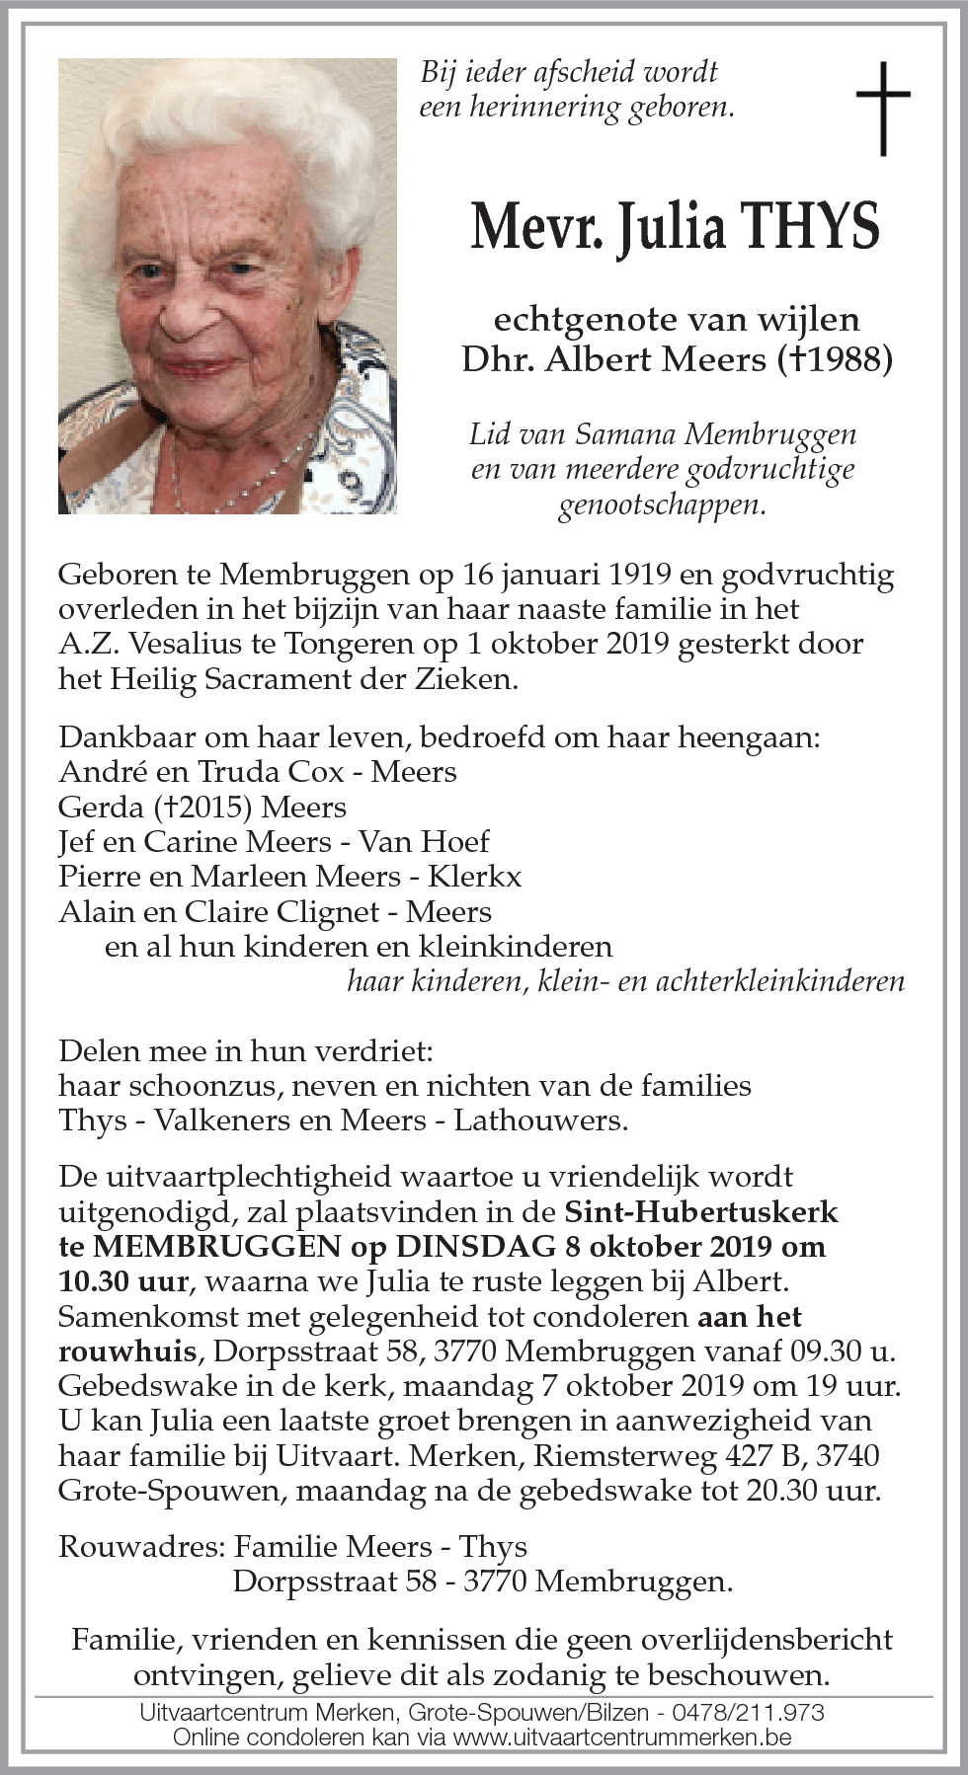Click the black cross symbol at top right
coord(882,109)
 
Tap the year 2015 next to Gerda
coord(213,807)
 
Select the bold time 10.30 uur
coord(122,1281)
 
